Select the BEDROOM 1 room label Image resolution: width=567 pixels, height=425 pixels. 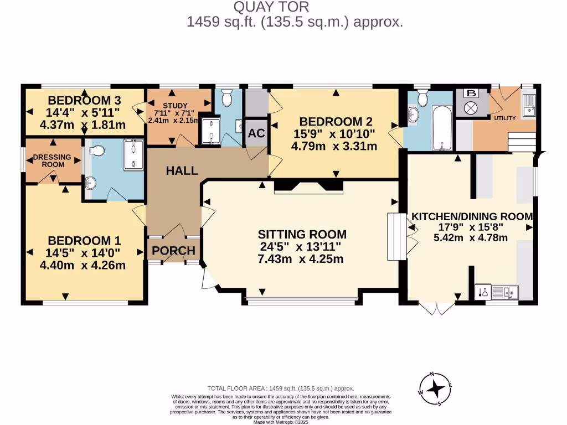click(x=84, y=241)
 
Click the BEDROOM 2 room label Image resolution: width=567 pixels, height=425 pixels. click(x=335, y=122)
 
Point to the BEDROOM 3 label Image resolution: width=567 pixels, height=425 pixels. click(x=84, y=100)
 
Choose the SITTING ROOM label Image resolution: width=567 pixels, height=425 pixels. click(x=303, y=234)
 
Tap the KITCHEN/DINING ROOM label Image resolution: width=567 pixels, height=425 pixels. click(x=471, y=216)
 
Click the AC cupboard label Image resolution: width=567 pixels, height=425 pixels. click(x=256, y=133)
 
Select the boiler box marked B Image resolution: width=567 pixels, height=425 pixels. click(x=471, y=93)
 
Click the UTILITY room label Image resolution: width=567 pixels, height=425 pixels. click(x=504, y=118)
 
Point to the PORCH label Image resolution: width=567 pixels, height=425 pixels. click(x=174, y=251)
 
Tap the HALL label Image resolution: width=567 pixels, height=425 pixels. click(x=182, y=171)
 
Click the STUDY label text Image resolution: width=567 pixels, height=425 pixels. click(x=175, y=106)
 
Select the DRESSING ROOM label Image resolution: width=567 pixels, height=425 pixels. click(x=52, y=160)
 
